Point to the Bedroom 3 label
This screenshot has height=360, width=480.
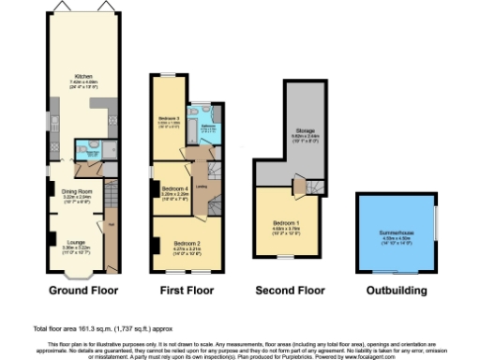(168, 118)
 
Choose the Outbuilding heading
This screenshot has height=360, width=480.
(395, 292)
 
